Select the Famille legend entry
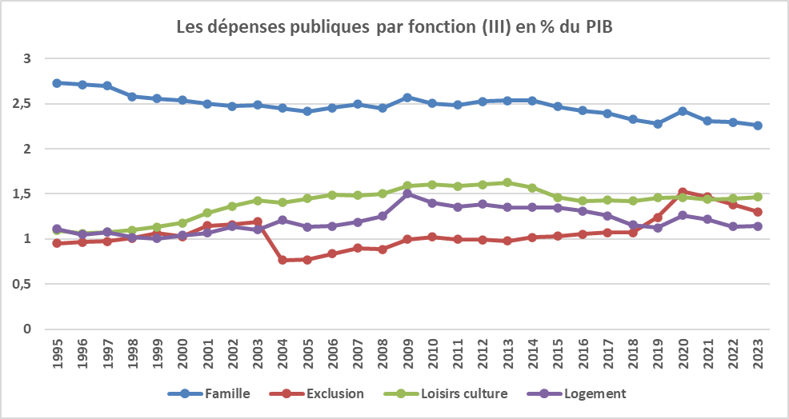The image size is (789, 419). pos(227,393)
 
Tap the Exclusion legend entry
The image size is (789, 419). pos(335,393)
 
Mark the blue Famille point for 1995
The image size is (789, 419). pos(57,83)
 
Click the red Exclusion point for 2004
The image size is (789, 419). pos(282,260)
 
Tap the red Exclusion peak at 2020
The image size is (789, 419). pos(683,192)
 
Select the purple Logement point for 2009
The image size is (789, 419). pos(407,194)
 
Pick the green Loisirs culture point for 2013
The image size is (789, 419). pos(507,182)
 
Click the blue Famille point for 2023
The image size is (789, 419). pos(757,126)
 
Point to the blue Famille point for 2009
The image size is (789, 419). pos(407,98)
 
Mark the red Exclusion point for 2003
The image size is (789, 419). pos(257,221)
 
